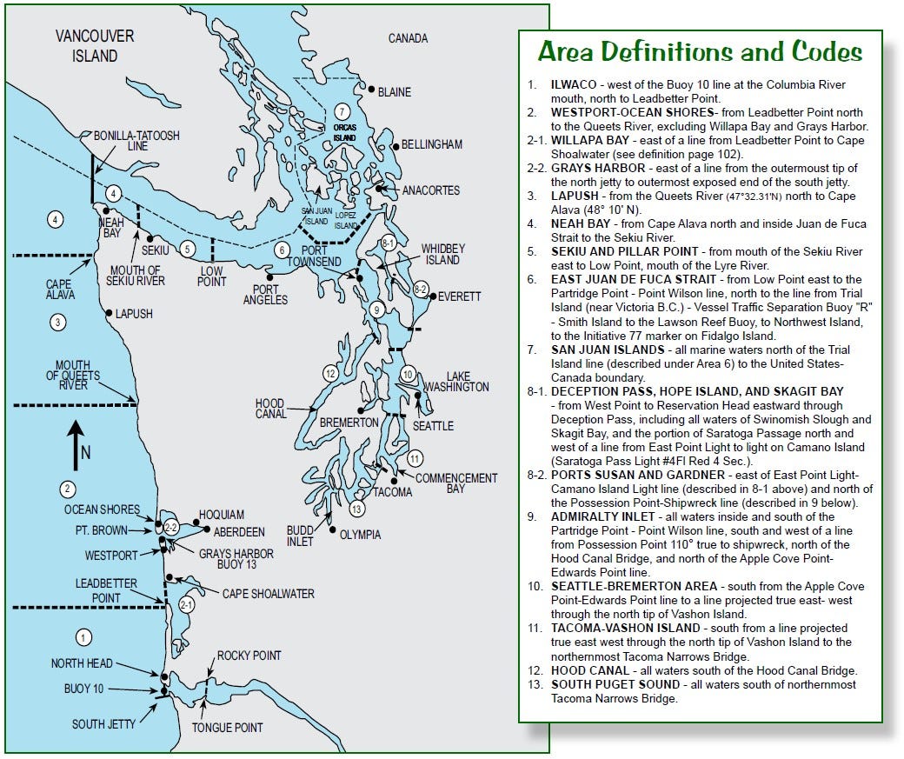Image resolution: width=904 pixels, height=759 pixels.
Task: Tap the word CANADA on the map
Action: [408, 38]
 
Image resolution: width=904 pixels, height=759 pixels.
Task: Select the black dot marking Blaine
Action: [371, 90]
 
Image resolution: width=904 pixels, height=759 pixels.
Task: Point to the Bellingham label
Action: [432, 144]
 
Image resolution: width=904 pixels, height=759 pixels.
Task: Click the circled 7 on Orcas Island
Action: [342, 112]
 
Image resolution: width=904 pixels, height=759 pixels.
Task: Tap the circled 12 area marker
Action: [329, 374]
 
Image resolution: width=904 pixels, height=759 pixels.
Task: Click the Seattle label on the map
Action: [433, 426]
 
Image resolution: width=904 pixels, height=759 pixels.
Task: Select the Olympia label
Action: [360, 535]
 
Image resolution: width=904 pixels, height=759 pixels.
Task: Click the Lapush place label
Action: [134, 314]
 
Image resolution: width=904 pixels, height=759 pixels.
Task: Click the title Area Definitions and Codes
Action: [700, 52]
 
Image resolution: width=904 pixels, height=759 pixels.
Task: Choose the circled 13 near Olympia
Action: [356, 509]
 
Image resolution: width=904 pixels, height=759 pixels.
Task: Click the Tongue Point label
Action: [227, 728]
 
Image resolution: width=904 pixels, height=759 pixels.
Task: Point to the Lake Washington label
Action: [455, 381]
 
